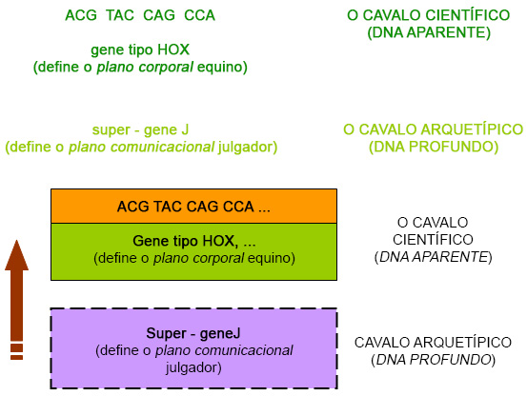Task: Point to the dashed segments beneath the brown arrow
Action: tap(15, 352)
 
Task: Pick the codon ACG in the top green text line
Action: tap(80, 15)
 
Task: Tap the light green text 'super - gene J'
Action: tap(140, 129)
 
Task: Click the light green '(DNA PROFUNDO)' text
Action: tap(433, 147)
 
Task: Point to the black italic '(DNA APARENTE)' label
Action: tap(433, 257)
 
